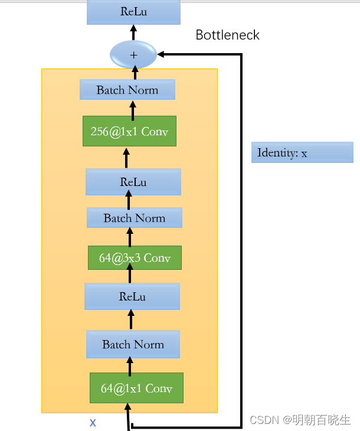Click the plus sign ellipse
click(133, 55)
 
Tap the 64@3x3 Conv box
click(135, 258)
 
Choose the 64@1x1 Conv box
click(136, 388)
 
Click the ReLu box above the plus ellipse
click(133, 12)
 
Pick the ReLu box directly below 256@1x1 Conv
click(133, 182)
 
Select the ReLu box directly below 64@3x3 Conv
click(132, 296)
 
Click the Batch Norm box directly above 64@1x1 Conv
click(133, 344)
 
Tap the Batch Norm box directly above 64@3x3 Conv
click(135, 218)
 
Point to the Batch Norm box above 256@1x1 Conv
click(127, 90)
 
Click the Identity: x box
click(302, 152)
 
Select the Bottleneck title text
click(227, 35)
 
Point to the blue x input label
click(93, 423)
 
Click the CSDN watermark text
click(300, 420)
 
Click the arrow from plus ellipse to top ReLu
click(133, 32)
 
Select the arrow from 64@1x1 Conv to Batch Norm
click(130, 365)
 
